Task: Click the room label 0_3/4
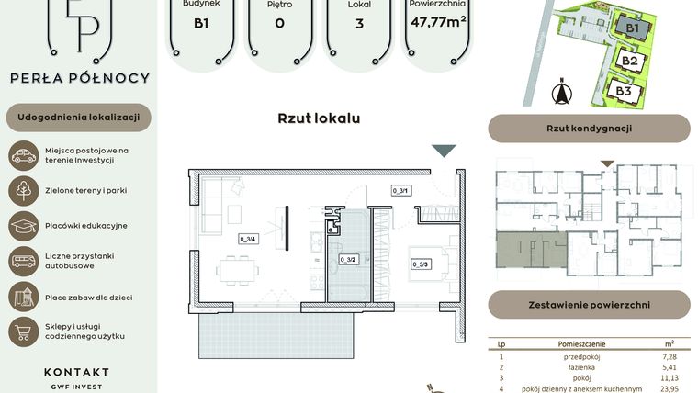tap(247, 239)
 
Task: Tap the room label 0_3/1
tap(400, 191)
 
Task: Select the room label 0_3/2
tap(347, 260)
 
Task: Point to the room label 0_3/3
tap(421, 264)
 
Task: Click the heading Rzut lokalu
tap(319, 118)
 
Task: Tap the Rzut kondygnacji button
tap(589, 129)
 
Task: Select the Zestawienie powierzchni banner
tap(589, 304)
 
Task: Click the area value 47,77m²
tap(439, 22)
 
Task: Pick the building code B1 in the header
tap(200, 24)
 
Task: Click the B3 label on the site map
tap(624, 91)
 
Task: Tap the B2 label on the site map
tap(629, 62)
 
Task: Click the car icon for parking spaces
tap(23, 155)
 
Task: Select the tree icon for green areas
tap(23, 190)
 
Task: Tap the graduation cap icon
tap(23, 226)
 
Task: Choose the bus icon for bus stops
tap(23, 261)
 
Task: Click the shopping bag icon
tap(23, 331)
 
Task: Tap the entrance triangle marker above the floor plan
tap(444, 152)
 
